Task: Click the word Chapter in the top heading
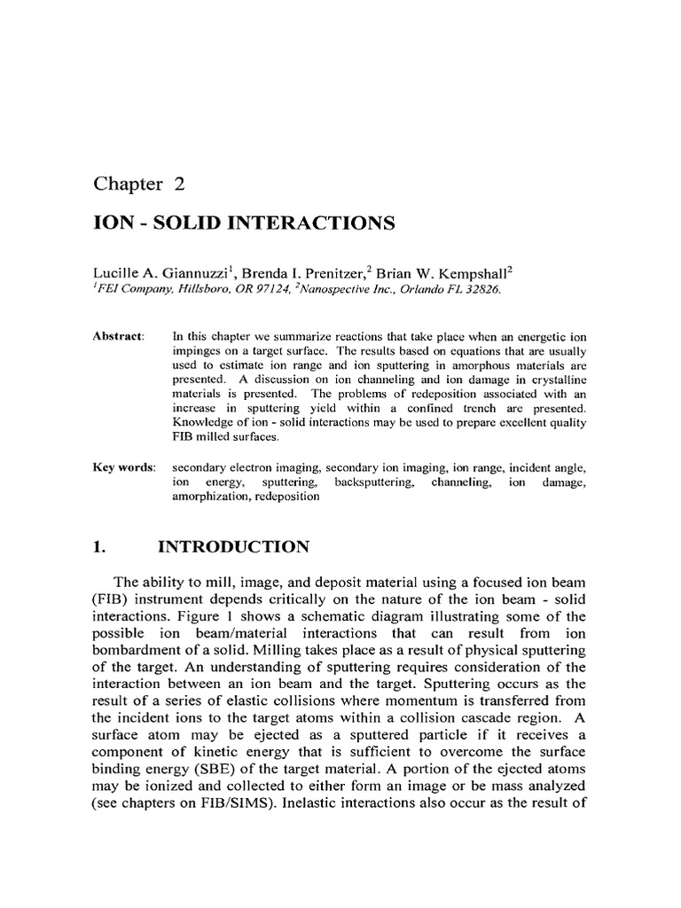[x=123, y=184]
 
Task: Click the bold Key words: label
[x=123, y=467]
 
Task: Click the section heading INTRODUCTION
[x=233, y=548]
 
